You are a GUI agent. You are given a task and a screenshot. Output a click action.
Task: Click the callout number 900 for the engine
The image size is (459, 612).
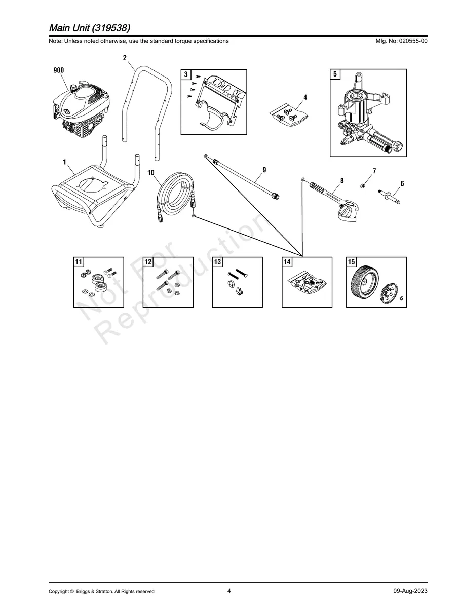coord(59,71)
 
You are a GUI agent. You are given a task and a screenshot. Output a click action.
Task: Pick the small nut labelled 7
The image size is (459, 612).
coord(363,185)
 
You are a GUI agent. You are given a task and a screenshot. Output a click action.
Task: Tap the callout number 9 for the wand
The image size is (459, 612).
coord(264,169)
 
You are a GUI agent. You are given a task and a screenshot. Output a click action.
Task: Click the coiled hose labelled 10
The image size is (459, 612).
coord(173,196)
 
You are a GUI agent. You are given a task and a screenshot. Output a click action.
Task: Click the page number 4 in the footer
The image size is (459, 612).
coord(230,591)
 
